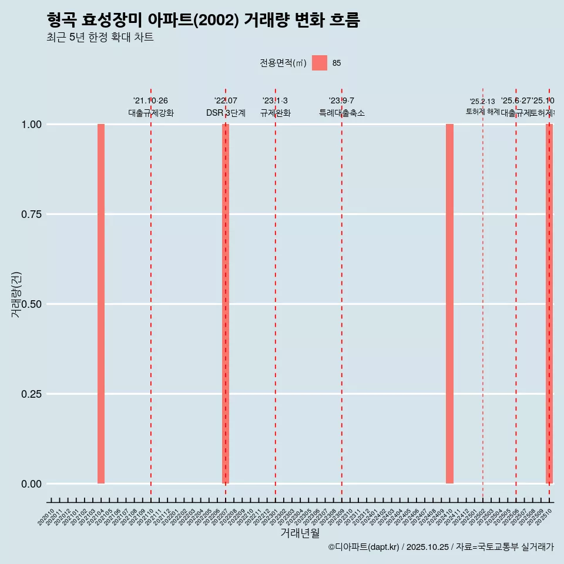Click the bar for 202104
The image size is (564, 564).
tap(101, 304)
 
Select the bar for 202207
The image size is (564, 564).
tap(226, 304)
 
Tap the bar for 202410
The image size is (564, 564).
tap(449, 304)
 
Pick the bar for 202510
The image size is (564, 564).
tap(549, 304)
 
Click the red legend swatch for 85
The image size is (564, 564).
tap(319, 63)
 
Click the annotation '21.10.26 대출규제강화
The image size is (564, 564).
tap(150, 107)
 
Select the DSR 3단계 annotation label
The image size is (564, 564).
tap(226, 113)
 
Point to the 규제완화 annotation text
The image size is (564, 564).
tap(275, 113)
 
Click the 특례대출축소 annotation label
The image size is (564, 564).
tap(341, 113)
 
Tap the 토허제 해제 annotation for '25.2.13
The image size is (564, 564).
tap(482, 107)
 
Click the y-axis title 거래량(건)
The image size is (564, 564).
tap(16, 295)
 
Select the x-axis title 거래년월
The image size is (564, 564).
tap(300, 533)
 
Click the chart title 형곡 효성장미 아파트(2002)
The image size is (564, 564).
tap(203, 20)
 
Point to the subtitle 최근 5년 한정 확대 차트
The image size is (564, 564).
tap(100, 38)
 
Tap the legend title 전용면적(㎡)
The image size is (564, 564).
tap(283, 63)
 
